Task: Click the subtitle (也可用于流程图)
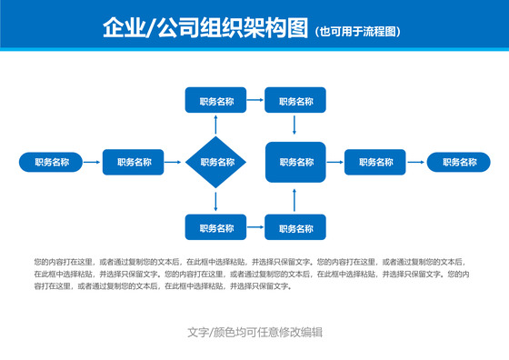point(357,32)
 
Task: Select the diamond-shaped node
point(216,163)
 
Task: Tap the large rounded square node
point(295,163)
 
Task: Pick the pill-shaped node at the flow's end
point(458,163)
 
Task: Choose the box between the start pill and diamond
point(134,163)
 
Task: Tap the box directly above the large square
point(295,101)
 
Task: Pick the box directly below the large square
point(295,227)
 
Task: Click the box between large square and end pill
point(375,163)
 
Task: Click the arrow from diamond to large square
point(255,163)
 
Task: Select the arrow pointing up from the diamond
point(216,125)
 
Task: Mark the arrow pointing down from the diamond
point(216,202)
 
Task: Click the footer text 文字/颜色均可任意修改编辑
point(254,332)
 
